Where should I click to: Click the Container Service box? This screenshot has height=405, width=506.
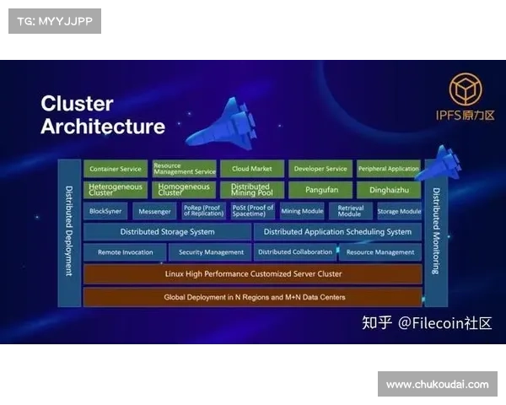116,169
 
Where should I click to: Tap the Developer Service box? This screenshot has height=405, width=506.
320,169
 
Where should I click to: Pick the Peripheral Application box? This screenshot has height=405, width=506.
389,169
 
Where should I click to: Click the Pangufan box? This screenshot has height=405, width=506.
320,190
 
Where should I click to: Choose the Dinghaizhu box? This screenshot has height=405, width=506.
389,190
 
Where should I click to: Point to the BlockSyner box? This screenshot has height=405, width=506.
106,212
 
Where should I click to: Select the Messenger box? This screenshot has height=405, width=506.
154,212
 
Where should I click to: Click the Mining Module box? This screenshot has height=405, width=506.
302,212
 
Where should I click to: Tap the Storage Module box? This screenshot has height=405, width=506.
399,212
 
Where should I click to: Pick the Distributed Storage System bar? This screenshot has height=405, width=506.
167,232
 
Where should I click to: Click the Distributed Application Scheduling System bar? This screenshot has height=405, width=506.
337,232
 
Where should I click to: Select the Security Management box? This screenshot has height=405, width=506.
211,252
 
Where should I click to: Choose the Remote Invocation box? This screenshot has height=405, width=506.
126,252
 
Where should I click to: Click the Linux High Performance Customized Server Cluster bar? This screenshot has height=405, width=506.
252,274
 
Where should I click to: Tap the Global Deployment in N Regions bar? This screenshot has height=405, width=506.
252,297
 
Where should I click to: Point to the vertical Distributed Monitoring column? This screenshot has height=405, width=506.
436,232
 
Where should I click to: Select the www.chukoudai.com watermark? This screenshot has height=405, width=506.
438,385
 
